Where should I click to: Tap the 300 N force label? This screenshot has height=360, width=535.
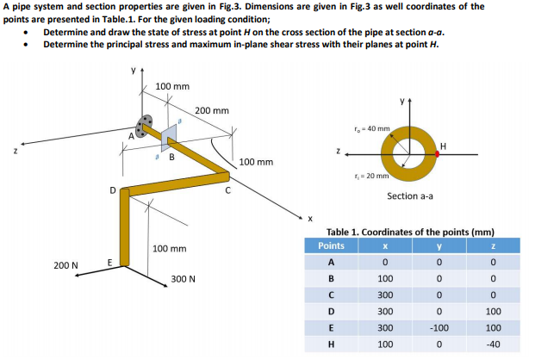point(183,279)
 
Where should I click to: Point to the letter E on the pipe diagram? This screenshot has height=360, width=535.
point(109,262)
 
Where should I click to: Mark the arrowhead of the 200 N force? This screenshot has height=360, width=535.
point(76,276)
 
